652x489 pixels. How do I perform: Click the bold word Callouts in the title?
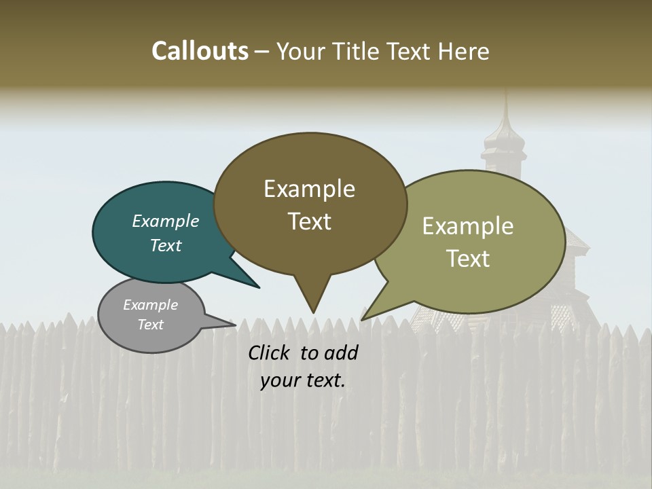coord(200,51)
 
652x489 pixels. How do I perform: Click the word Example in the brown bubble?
coord(309,189)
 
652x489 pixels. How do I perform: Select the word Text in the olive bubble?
coord(468,259)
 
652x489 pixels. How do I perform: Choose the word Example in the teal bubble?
coord(166,221)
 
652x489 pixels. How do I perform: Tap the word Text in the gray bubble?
coord(151,325)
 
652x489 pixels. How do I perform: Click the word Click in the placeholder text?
coord(270,352)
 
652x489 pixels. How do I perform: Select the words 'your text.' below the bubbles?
coord(303,380)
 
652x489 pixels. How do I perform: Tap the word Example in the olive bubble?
coord(468,226)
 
